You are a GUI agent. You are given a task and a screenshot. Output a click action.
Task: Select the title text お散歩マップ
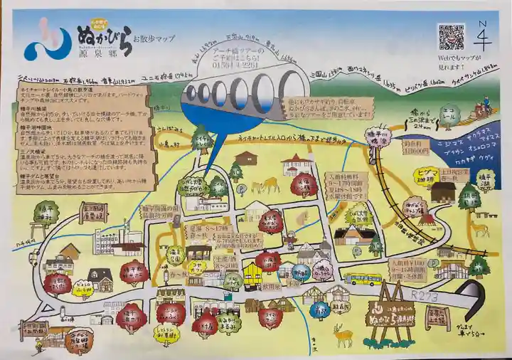coord(157,37)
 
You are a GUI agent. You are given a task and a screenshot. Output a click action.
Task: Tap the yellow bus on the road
coord(363,279)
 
